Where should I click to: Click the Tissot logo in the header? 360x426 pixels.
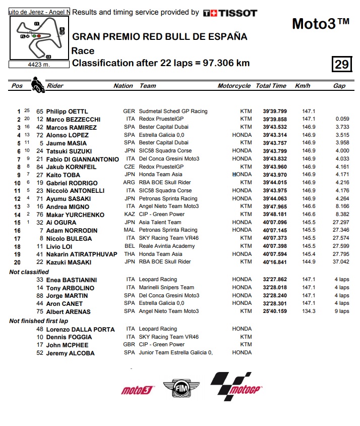click(x=230, y=13)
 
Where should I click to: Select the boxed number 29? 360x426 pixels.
click(x=341, y=64)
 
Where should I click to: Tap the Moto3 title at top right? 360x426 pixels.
click(x=321, y=24)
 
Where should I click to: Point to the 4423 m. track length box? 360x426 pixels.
click(x=39, y=64)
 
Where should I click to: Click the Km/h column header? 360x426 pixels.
click(x=303, y=86)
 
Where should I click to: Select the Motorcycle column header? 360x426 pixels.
click(x=234, y=86)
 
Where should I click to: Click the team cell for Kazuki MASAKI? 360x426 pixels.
click(x=165, y=262)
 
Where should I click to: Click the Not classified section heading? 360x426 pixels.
click(x=29, y=272)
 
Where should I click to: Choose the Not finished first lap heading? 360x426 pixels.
click(x=39, y=321)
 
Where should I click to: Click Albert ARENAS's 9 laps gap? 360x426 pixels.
click(x=341, y=311)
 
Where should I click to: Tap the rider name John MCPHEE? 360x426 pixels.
click(x=68, y=345)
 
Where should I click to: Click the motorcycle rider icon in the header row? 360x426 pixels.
click(x=36, y=84)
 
